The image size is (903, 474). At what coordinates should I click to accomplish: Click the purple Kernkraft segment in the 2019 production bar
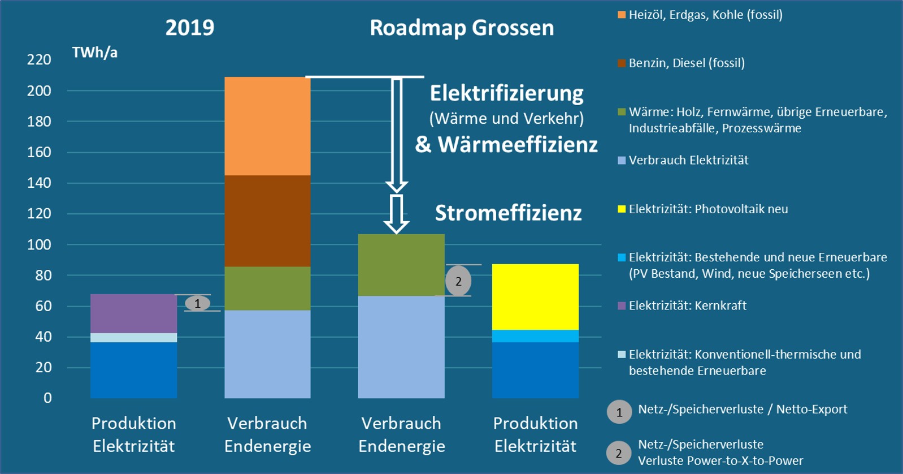pos(133,313)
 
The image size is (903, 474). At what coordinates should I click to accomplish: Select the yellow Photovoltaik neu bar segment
pos(535,297)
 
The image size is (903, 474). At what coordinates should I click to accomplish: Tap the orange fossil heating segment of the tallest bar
pos(267,126)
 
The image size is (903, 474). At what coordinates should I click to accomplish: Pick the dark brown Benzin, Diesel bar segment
pos(267,221)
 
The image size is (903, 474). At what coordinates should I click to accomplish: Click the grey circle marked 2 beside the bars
pos(458,281)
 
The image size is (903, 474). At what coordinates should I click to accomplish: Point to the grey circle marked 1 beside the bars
pos(197,304)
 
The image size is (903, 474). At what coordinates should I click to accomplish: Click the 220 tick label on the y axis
pos(39,60)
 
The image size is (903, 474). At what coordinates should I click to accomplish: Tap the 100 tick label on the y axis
pos(39,245)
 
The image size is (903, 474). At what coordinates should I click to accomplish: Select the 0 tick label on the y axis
pos(47,398)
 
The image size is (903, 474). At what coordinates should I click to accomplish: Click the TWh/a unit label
pos(95,53)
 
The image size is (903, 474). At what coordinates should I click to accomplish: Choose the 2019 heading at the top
pos(190,28)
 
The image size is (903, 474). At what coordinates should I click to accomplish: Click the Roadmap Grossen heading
pos(462,28)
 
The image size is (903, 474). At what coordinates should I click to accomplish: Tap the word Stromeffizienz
pos(508,213)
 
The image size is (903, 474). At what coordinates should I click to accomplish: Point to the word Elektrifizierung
pos(506,93)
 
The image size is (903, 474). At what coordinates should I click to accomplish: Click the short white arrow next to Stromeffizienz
pos(397,214)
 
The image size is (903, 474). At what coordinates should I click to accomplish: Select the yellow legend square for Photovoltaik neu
pos(622,209)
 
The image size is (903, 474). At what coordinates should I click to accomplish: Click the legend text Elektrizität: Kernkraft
pos(687,306)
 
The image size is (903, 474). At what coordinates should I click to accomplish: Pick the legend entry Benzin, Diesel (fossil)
pos(687,63)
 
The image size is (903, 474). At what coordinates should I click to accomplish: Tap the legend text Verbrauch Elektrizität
pos(688,161)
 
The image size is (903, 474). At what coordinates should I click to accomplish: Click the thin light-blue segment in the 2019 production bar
pos(133,338)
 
